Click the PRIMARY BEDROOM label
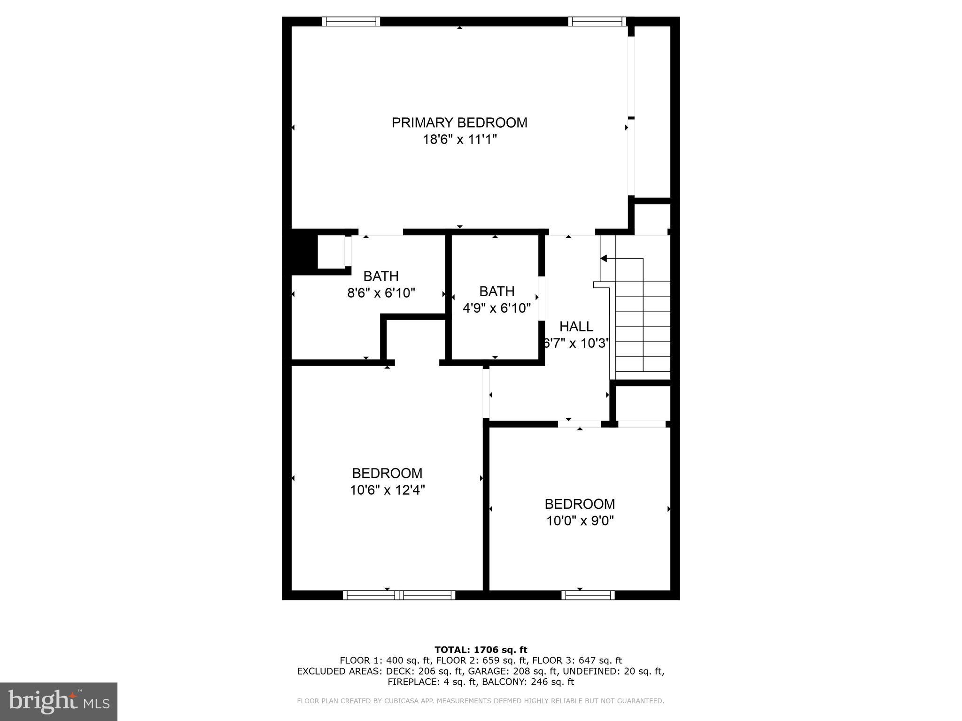(459, 123)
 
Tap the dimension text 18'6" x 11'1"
(459, 139)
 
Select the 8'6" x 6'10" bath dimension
(381, 293)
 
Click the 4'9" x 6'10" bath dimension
(497, 308)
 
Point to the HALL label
(576, 326)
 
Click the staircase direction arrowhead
(604, 258)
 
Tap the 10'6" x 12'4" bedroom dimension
(387, 490)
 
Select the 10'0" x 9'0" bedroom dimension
(580, 521)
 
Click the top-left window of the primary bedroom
(351, 22)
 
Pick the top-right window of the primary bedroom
(597, 22)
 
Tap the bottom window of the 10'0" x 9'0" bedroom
(588, 595)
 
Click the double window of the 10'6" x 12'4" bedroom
(399, 595)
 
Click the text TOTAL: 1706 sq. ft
(481, 650)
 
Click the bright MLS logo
(59, 701)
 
